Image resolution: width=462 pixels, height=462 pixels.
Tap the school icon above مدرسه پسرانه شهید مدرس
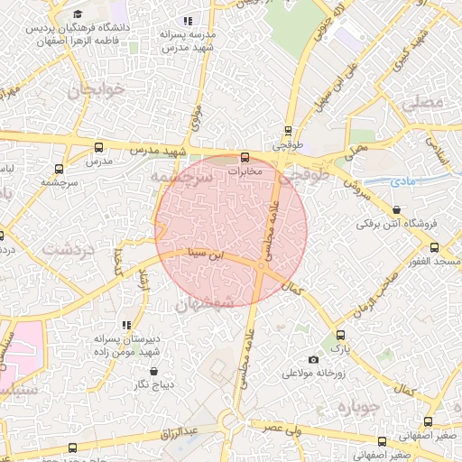pyautogui.click(x=188, y=20)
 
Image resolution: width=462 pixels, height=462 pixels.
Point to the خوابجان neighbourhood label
pyautogui.click(x=93, y=91)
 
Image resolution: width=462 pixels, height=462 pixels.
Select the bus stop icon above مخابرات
pyautogui.click(x=245, y=157)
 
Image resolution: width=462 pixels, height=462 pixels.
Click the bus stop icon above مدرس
pyautogui.click(x=98, y=147)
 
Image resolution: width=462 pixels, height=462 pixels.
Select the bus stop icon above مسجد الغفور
pyautogui.click(x=434, y=247)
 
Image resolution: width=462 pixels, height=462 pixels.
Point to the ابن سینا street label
pyautogui.click(x=202, y=254)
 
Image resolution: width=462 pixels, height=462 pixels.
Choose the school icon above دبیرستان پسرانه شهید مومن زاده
pyautogui.click(x=126, y=324)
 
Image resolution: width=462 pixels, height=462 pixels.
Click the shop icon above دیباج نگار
pyautogui.click(x=152, y=371)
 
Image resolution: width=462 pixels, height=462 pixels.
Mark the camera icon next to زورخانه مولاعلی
pyautogui.click(x=313, y=360)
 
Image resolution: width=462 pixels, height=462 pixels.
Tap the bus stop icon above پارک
pyautogui.click(x=339, y=334)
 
